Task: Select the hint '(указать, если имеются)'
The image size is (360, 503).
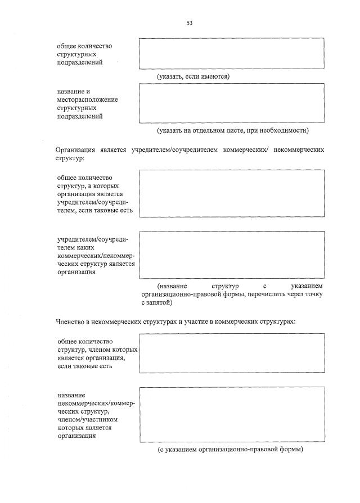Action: point(193,76)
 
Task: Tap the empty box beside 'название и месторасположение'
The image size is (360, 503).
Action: point(232,103)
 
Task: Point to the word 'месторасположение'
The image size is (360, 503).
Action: point(87,99)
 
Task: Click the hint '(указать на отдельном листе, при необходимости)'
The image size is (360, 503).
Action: point(233,130)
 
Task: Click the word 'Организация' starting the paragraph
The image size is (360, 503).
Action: point(74,151)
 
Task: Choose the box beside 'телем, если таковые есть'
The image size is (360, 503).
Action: point(232,193)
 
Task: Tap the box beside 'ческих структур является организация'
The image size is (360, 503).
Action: point(232,255)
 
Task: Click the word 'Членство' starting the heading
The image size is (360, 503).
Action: point(70,322)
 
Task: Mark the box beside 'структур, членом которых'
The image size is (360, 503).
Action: point(232,353)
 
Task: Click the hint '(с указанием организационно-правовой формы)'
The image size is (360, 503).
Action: point(231,449)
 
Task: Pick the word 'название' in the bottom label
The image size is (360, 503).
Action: point(71,395)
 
